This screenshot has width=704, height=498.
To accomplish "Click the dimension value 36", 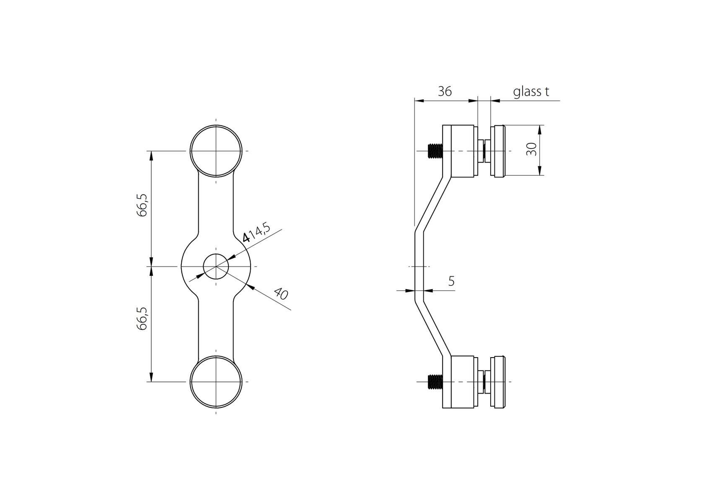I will pyautogui.click(x=445, y=91).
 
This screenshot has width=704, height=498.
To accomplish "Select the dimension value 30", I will pyautogui.click(x=531, y=149).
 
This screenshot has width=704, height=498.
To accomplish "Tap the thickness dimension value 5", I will pyautogui.click(x=451, y=281).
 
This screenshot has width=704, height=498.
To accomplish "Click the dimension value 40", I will pyautogui.click(x=281, y=293).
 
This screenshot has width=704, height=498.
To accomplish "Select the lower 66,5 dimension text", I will pyautogui.click(x=142, y=318).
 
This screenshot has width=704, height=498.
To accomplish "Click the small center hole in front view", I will pyautogui.click(x=216, y=267).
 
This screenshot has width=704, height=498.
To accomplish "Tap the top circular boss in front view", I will pyautogui.click(x=216, y=150).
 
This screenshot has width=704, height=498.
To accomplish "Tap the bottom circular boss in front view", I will pyautogui.click(x=216, y=381).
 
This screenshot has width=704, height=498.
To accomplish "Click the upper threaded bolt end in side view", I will pyautogui.click(x=435, y=151).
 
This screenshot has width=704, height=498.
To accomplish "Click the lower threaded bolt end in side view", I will pyautogui.click(x=435, y=382).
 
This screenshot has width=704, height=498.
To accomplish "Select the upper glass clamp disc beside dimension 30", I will pyautogui.click(x=499, y=151).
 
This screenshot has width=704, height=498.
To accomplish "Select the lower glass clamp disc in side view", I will pyautogui.click(x=499, y=382).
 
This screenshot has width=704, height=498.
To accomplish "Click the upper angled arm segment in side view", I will pyautogui.click(x=433, y=204).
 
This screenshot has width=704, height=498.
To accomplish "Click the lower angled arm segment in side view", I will pyautogui.click(x=433, y=329).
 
